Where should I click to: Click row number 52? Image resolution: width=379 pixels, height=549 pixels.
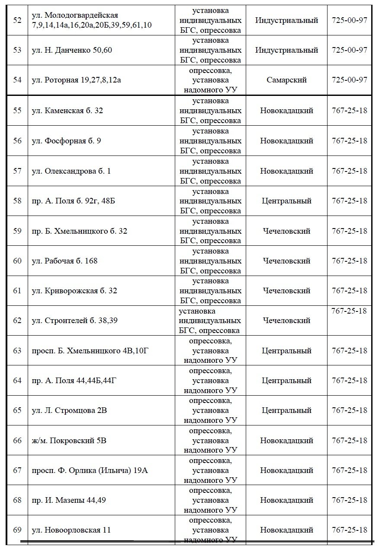click(17, 20)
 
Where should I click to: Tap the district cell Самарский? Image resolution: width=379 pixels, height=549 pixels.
click(286, 80)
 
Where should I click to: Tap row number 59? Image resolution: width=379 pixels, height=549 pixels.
click(17, 231)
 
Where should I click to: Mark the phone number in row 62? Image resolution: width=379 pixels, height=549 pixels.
click(349, 311)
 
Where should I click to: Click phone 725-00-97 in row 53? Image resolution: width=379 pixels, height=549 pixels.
click(349, 50)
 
